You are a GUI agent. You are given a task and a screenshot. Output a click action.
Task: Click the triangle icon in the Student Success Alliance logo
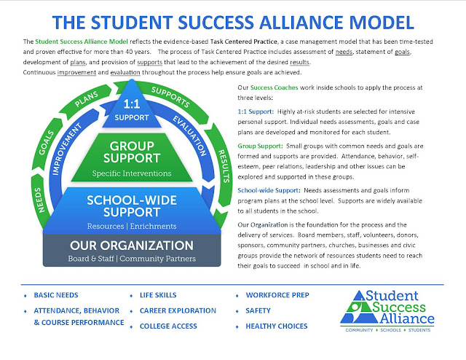click(x=363, y=307)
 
